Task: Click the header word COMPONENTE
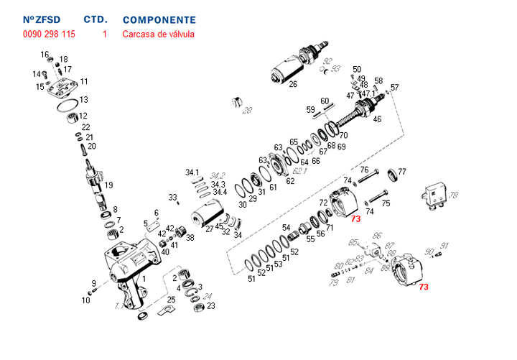click(x=159, y=20)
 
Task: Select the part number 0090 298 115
click(x=48, y=34)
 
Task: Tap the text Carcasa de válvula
click(x=158, y=34)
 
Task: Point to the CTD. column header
click(x=96, y=20)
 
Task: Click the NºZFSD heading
click(x=42, y=20)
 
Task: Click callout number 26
click(x=293, y=84)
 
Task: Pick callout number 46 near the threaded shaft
click(x=377, y=119)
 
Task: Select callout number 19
click(x=108, y=185)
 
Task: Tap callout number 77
click(x=402, y=172)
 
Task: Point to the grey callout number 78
click(x=453, y=195)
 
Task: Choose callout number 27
click(x=210, y=229)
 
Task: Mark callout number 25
click(x=171, y=299)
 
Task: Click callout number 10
click(x=85, y=300)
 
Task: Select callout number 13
click(x=83, y=100)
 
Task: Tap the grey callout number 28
click(x=248, y=110)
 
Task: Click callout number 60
click(x=325, y=101)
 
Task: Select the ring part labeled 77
click(x=393, y=175)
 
